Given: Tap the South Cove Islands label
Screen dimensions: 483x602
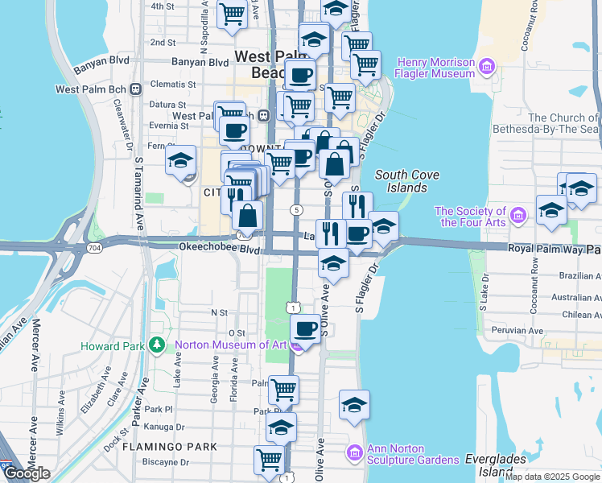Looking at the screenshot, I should [401, 181].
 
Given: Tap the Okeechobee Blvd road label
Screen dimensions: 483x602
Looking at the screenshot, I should [211, 249].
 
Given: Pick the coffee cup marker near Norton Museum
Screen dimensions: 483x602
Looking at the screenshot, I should [306, 328].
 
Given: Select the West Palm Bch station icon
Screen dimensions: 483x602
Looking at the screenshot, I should [136, 89].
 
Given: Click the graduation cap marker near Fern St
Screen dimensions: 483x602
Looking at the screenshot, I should [181, 159].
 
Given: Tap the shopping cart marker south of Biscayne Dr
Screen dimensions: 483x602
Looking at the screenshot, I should [270, 460].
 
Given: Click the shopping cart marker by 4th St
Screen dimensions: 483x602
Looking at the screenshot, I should [232, 14].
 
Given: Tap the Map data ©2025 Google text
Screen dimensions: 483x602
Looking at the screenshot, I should [552, 477].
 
